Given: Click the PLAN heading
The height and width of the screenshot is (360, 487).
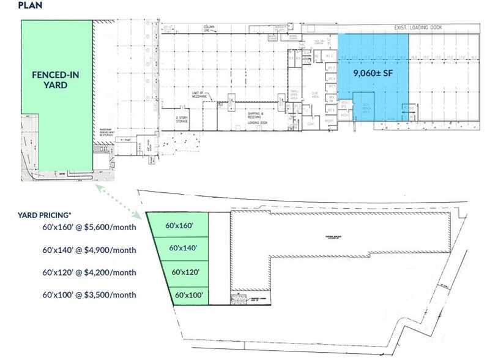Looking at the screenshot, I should (x=13, y=6).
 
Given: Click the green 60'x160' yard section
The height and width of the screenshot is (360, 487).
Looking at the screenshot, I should (x=180, y=225).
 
